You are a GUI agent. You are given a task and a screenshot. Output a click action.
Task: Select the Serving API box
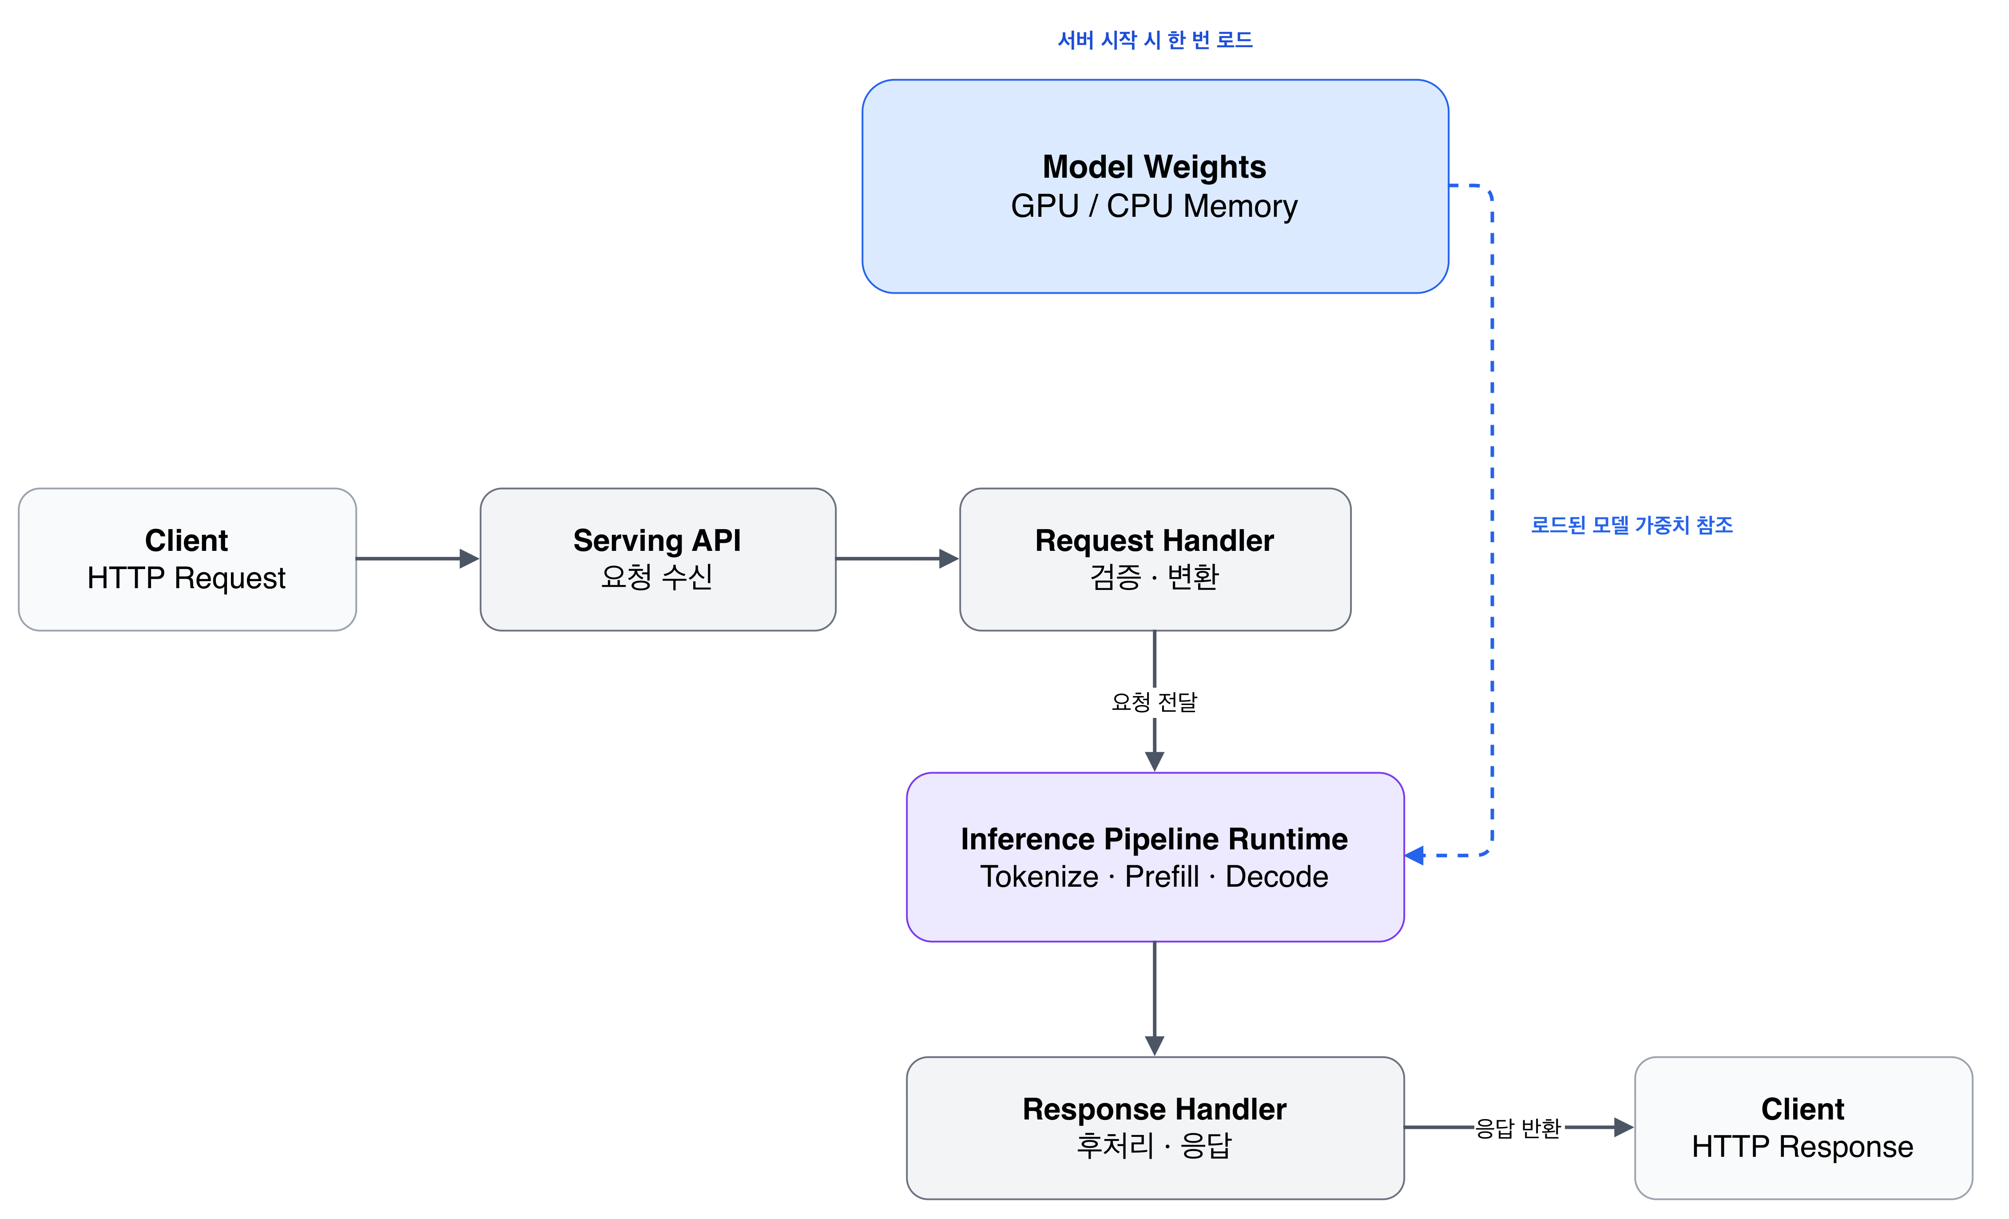[x=658, y=559]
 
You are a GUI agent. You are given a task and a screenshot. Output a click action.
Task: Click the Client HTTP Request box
[x=187, y=559]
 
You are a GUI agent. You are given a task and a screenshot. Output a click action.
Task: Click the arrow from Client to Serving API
[x=417, y=558]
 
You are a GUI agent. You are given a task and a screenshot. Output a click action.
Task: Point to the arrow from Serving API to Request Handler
[x=897, y=558]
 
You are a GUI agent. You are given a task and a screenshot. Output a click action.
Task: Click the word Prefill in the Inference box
[x=1162, y=876]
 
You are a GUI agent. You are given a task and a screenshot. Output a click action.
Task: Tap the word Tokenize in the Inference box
[x=1040, y=876]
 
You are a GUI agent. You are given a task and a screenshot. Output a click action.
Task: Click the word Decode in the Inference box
[x=1277, y=876]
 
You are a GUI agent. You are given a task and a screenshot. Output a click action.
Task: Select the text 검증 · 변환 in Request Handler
[x=1155, y=577]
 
